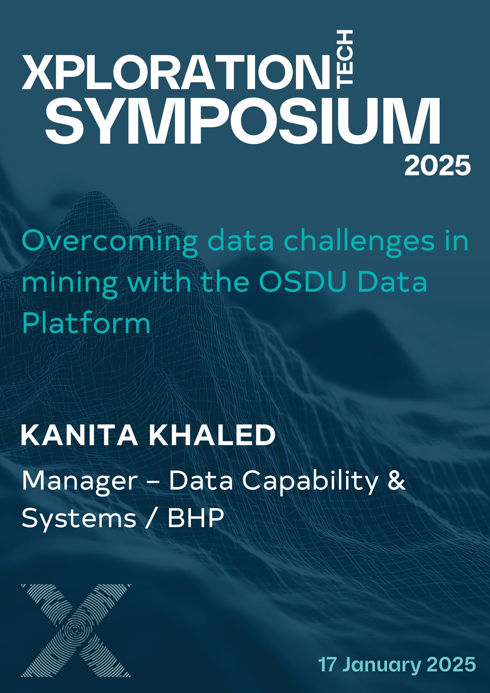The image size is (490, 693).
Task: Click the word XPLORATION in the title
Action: pyautogui.click(x=176, y=72)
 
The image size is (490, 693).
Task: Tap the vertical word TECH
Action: pyautogui.click(x=345, y=57)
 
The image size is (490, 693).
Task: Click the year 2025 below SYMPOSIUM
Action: pyautogui.click(x=438, y=165)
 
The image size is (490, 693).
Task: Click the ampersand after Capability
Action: pyautogui.click(x=397, y=480)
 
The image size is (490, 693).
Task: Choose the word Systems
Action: pyautogui.click(x=79, y=518)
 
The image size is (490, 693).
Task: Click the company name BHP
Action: pyautogui.click(x=196, y=517)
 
